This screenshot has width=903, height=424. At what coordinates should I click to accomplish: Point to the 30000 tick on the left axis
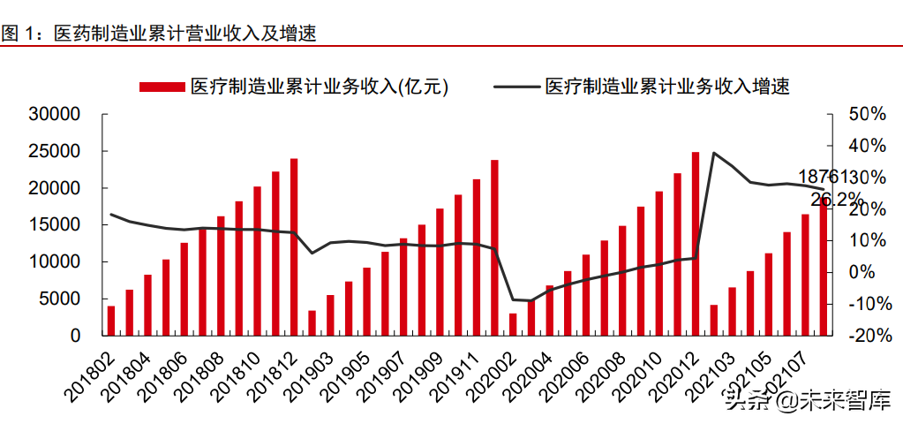click(55, 115)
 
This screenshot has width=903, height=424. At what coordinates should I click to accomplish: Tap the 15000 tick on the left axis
click(55, 225)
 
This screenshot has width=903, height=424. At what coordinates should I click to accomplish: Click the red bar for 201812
click(294, 247)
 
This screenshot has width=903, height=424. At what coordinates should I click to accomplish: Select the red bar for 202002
click(513, 324)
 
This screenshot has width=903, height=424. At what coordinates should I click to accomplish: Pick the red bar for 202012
click(696, 244)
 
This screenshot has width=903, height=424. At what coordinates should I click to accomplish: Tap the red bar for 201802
click(111, 321)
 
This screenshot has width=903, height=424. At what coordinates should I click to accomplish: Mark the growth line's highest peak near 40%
click(714, 153)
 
